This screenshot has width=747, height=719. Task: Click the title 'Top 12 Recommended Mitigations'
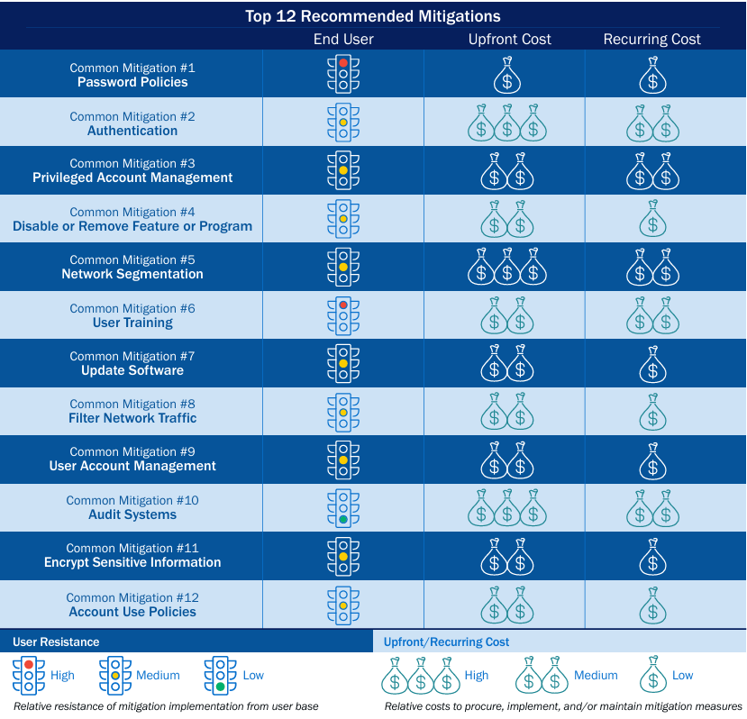click(373, 16)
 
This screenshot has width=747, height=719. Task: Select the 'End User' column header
click(343, 39)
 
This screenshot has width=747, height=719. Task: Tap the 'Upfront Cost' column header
click(509, 39)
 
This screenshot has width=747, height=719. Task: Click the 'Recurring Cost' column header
click(651, 39)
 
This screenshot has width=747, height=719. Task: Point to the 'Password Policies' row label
click(132, 82)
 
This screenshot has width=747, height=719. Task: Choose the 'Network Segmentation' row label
click(132, 274)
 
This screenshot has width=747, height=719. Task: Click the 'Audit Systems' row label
click(132, 514)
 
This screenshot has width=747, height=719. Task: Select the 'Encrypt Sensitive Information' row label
click(132, 562)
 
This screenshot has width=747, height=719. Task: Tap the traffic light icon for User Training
click(343, 315)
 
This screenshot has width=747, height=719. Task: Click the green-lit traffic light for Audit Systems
click(343, 508)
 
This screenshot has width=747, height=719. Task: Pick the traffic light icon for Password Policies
click(343, 74)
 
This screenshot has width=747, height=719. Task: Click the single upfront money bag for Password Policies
click(507, 76)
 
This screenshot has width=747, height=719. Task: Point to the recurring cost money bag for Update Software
click(652, 364)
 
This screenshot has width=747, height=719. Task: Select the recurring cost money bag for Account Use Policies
click(652, 605)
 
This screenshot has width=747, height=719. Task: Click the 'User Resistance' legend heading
click(56, 642)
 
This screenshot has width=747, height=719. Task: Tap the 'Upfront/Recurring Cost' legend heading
click(446, 642)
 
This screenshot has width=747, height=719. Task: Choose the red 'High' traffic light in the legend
click(29, 676)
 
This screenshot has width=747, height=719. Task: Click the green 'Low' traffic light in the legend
click(221, 676)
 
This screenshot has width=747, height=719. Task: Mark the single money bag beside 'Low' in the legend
click(652, 676)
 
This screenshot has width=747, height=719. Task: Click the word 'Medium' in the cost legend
click(596, 675)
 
